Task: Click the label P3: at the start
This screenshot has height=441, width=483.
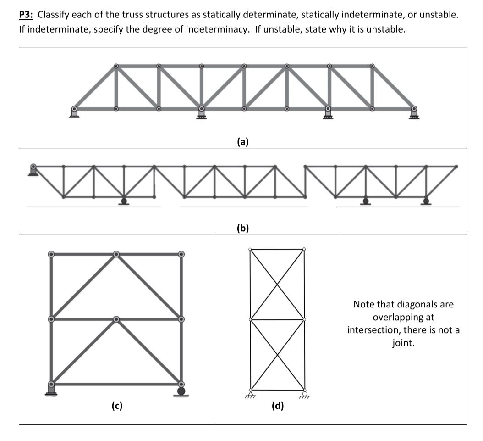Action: click(x=26, y=15)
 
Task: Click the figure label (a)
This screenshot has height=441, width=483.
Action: click(x=243, y=142)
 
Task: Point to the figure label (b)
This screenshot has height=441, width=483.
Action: click(x=243, y=228)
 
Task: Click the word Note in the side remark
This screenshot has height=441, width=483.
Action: click(x=363, y=304)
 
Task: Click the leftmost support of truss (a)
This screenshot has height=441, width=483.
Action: click(x=74, y=112)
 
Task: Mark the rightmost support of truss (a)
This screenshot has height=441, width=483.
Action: click(x=414, y=112)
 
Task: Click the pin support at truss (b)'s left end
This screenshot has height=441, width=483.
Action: click(x=33, y=170)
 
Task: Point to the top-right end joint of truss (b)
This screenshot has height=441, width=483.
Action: click(x=456, y=167)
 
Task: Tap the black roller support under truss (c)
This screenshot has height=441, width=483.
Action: click(x=181, y=391)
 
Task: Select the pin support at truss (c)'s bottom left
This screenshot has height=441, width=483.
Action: click(x=51, y=389)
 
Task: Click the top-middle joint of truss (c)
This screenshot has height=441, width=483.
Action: click(x=116, y=254)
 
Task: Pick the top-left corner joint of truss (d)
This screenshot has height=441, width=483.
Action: click(x=250, y=250)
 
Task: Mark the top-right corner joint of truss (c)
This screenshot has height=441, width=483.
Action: click(x=181, y=254)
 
